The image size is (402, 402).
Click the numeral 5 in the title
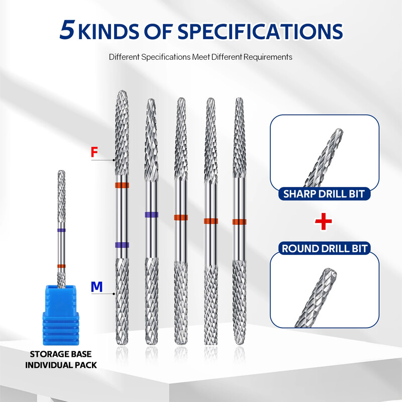67,30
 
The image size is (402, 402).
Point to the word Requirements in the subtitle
267,57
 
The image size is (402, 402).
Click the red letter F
94,152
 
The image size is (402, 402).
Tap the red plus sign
324,222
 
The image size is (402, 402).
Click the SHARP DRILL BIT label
324,193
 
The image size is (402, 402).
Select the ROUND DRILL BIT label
324,248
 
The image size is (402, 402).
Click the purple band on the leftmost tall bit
122,245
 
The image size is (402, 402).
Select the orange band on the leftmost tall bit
122,185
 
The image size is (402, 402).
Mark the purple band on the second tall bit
150,215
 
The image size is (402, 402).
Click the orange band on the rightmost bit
239,222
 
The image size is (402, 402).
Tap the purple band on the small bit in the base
61,230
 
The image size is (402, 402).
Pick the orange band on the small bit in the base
61,265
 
